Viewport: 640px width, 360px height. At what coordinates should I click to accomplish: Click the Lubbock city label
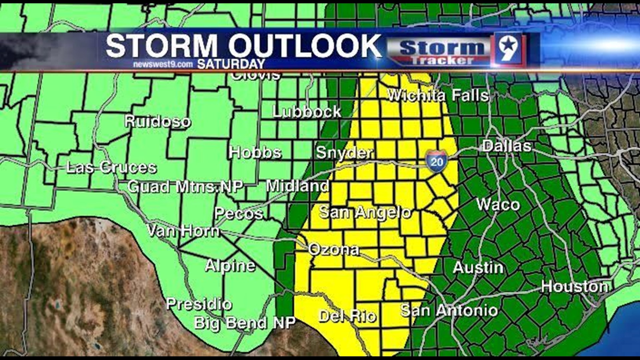click(307, 112)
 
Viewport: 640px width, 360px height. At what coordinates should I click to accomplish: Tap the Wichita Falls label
click(438, 96)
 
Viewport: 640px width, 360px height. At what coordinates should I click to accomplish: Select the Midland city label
click(298, 186)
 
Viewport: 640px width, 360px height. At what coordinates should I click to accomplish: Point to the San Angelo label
click(365, 212)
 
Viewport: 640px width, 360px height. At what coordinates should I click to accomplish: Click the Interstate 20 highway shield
click(436, 161)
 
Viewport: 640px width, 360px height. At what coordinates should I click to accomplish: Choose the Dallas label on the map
click(507, 146)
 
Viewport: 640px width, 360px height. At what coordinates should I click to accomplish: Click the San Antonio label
click(449, 310)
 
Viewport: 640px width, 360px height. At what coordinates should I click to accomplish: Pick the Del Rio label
click(348, 316)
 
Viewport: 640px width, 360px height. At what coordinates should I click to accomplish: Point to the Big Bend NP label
click(245, 323)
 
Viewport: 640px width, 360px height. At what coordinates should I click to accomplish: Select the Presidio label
click(199, 304)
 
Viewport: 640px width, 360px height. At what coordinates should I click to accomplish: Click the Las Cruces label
click(111, 167)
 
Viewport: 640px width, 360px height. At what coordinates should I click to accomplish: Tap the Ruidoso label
click(158, 121)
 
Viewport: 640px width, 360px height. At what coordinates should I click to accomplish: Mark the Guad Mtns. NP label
click(185, 187)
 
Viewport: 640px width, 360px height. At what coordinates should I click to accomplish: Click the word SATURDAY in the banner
click(231, 64)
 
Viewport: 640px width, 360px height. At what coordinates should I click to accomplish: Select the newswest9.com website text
click(163, 64)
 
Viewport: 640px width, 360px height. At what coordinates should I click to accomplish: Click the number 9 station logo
click(508, 49)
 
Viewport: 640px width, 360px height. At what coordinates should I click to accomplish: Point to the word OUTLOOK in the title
click(305, 46)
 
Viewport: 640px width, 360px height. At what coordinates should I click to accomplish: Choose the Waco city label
click(498, 205)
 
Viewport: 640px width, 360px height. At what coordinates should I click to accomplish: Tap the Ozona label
click(334, 250)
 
